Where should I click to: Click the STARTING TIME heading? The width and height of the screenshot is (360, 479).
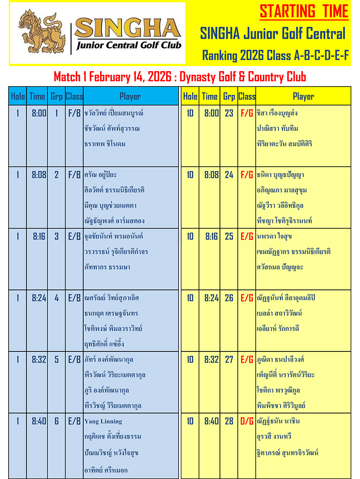tap(304, 11)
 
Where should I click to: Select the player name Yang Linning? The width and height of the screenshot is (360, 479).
tap(103, 421)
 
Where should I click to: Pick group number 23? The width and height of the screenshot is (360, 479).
tap(229, 113)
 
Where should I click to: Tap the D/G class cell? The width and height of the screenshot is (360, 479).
tap(247, 421)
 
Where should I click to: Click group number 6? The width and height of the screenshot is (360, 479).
tap(56, 421)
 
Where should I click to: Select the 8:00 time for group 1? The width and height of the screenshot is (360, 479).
tap(39, 113)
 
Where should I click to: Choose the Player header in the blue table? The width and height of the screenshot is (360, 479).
tap(130, 96)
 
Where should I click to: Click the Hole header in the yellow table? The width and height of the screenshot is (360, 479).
tap(190, 96)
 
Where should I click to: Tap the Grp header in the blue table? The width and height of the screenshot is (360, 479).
tap(56, 96)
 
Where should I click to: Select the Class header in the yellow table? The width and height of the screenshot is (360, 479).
tap(247, 96)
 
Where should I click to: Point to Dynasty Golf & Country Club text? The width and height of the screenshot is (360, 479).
tap(243, 77)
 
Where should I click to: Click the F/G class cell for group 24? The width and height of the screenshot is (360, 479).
tap(247, 175)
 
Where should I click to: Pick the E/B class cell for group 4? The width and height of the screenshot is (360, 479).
tap(74, 298)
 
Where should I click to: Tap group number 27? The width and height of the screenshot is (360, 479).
tap(229, 360)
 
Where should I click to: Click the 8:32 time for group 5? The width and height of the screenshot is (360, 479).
tap(39, 360)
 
